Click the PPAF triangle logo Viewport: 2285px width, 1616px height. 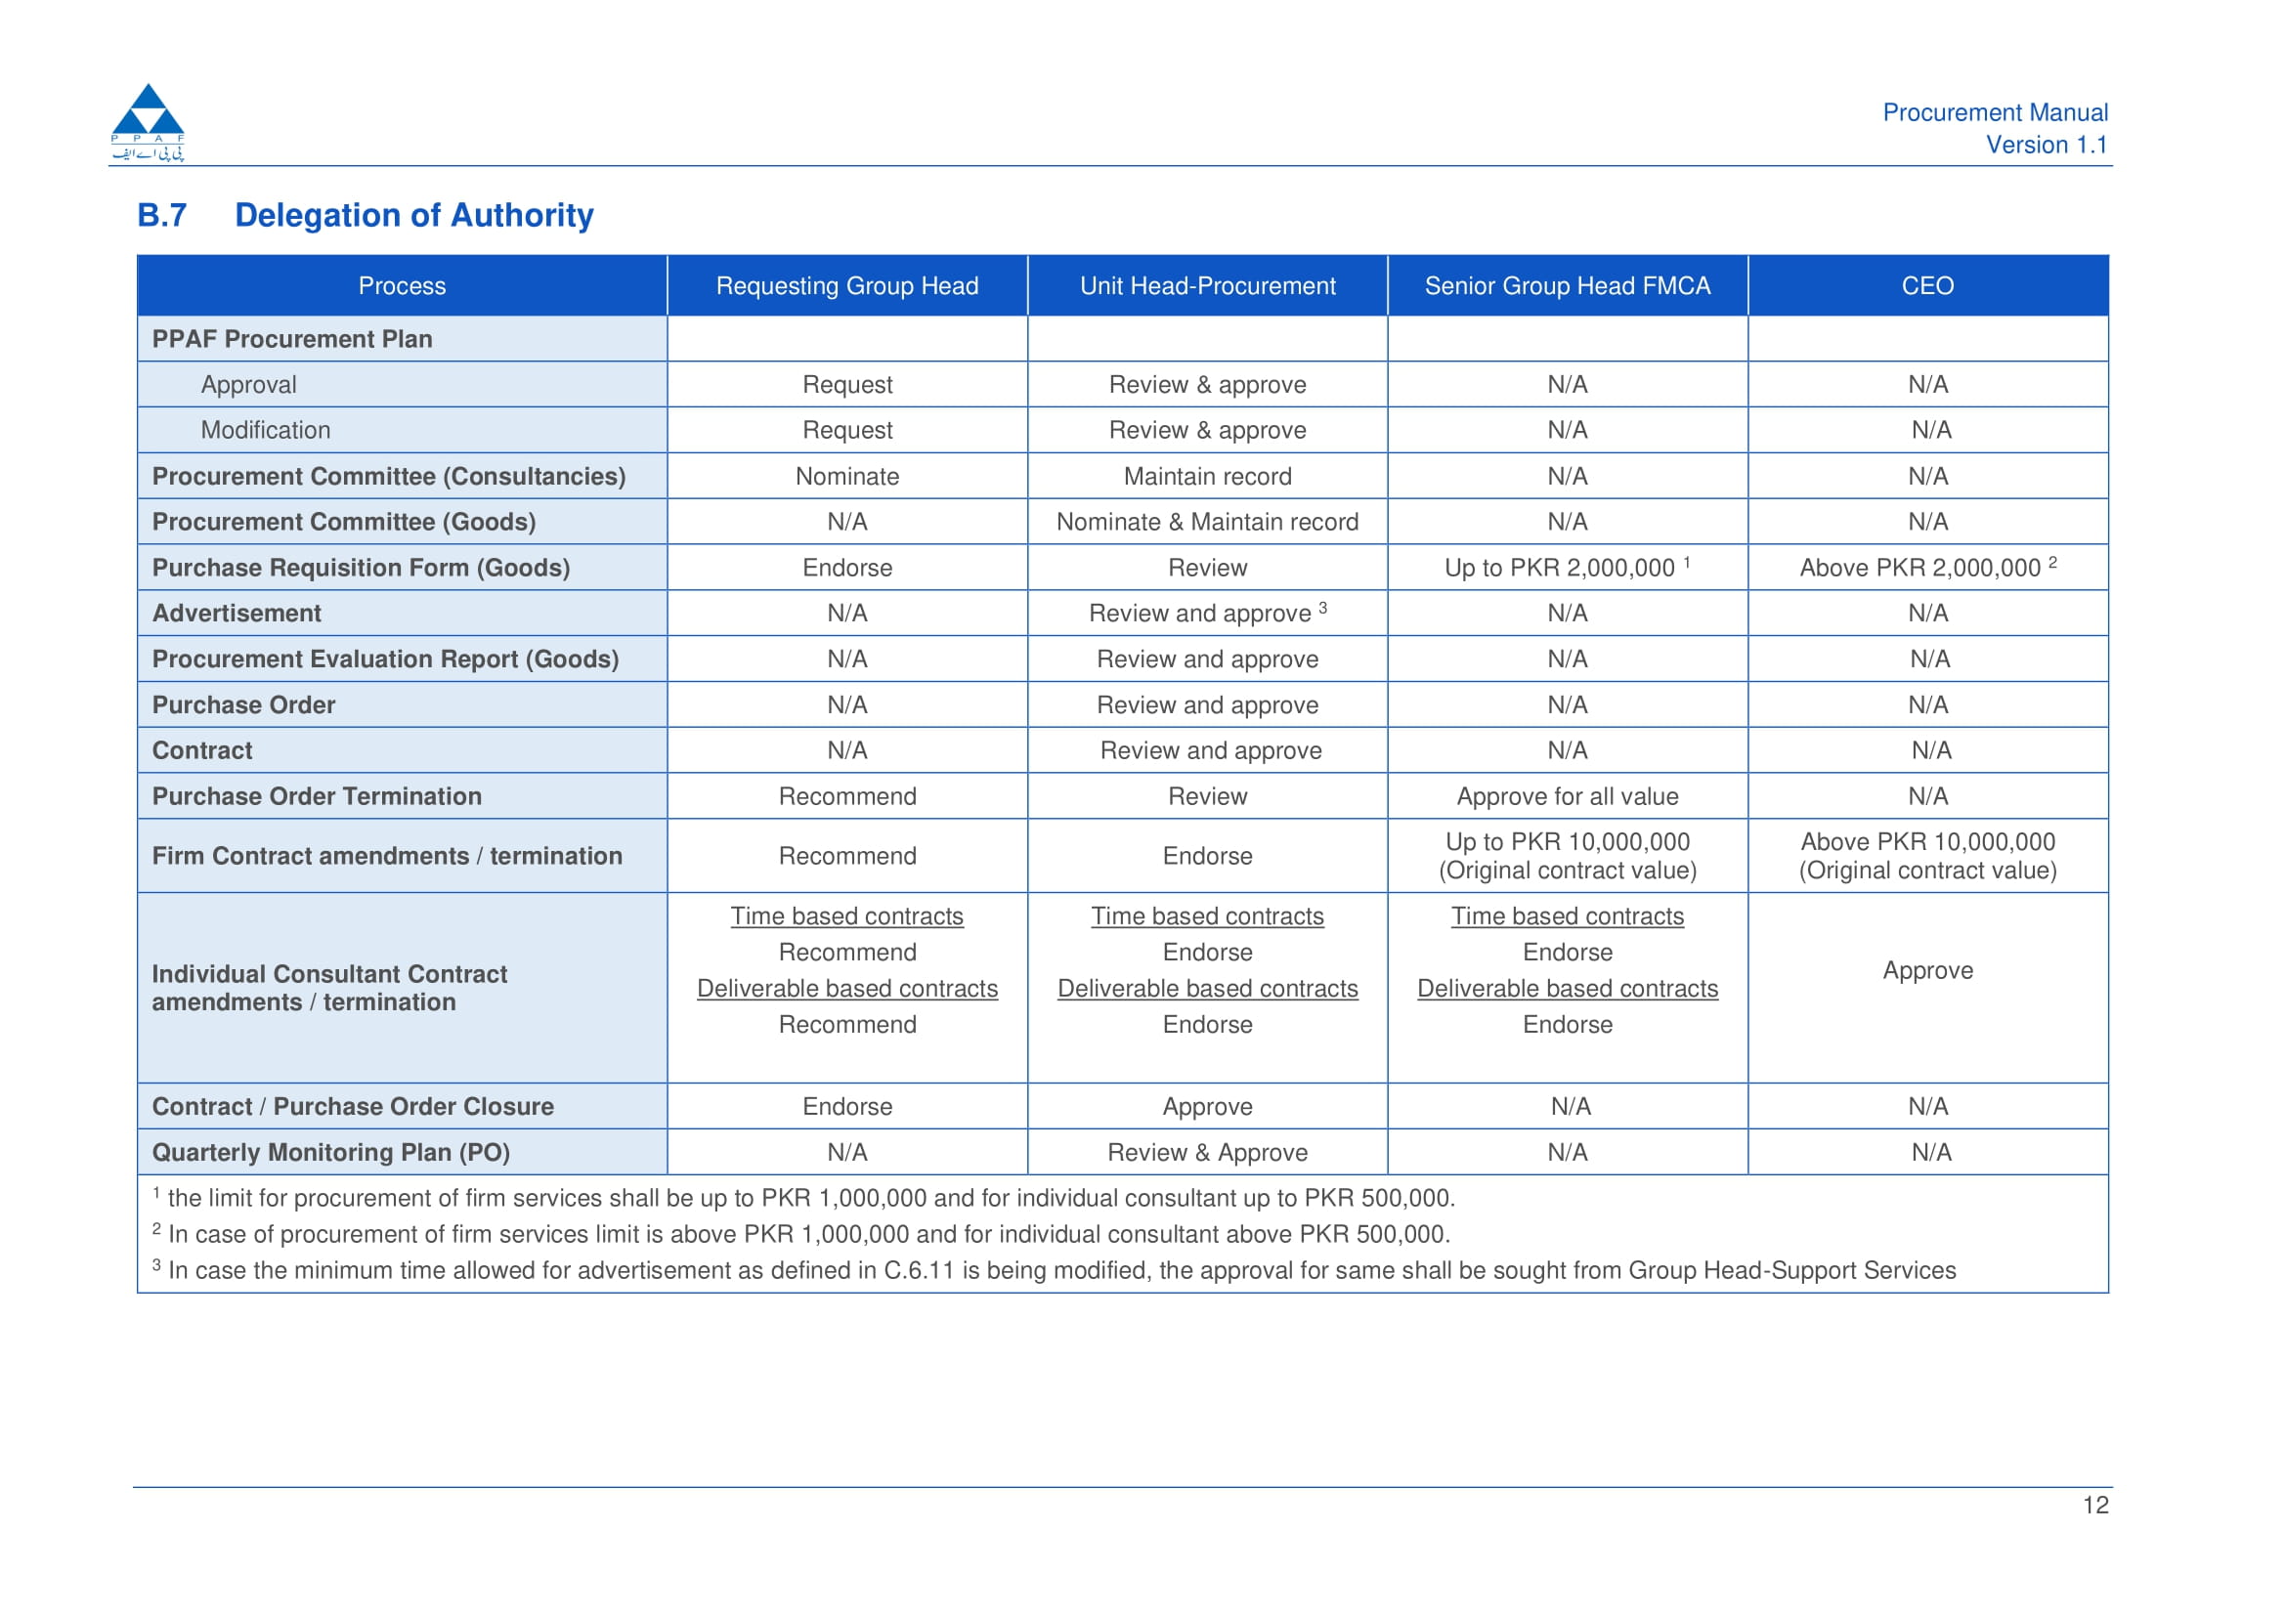149,121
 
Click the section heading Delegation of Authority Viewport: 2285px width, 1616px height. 414,215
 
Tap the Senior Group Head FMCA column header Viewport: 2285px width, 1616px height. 1568,285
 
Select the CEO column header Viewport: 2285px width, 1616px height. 1927,285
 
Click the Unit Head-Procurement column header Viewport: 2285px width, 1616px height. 1207,285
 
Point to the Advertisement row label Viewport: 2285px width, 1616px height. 237,613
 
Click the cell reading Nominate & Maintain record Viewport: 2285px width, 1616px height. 1207,522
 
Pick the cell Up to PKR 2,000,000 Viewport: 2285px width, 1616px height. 1568,568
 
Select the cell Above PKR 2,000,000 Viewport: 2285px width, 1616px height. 1927,568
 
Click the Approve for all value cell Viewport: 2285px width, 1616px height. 1568,796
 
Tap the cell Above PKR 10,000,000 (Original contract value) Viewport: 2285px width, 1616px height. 1927,856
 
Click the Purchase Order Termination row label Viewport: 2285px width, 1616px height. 317,796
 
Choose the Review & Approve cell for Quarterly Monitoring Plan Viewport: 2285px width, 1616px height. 1207,1152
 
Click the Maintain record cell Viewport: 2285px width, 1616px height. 1207,477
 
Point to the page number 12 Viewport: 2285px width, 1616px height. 2096,1505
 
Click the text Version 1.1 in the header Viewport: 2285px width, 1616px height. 2047,146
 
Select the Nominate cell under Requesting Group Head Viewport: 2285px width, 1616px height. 847,477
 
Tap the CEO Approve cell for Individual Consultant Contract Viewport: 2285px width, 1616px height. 1927,970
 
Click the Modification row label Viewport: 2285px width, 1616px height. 266,430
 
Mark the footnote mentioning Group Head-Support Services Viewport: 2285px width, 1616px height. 1054,1270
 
